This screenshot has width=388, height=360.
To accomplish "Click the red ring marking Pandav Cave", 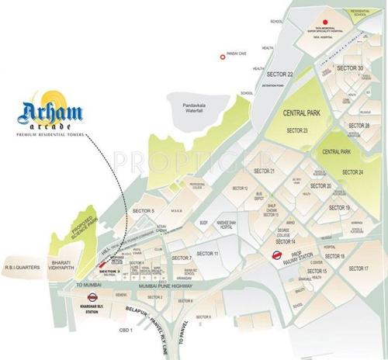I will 221,54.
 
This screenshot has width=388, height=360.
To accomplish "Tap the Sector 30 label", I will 350,68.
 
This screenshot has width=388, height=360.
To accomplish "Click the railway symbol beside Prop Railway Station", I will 275,253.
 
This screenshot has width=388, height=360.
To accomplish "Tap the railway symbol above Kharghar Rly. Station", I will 92,296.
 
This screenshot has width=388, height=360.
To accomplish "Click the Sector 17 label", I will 358,268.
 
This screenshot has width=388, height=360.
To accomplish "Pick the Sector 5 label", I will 144,210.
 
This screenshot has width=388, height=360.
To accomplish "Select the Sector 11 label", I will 207,254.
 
